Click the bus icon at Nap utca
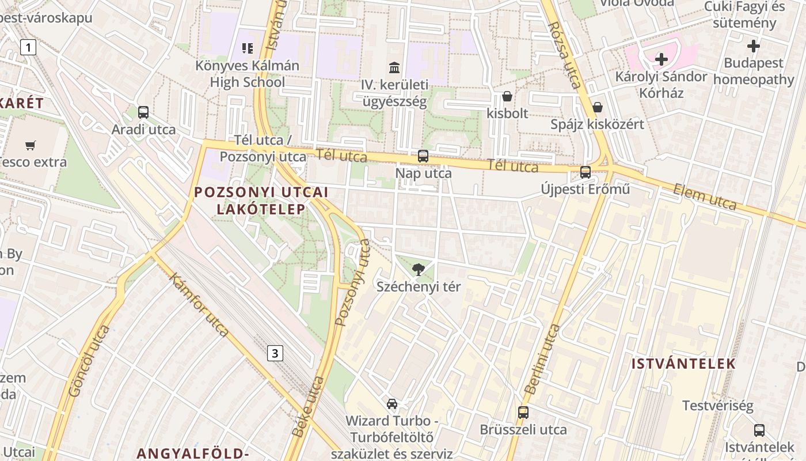423,156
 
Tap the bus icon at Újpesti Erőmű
586,172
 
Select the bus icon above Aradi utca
143,112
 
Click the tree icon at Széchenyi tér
419,269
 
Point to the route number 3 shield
275,353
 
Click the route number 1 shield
28,47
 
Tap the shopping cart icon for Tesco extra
31,145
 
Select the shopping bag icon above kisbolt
507,96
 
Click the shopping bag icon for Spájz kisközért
598,107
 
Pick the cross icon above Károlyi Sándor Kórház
661,59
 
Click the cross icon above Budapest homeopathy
754,46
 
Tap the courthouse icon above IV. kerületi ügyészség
394,68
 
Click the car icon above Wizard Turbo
392,403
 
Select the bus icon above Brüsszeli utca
523,413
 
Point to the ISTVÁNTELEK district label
683,364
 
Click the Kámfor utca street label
199,304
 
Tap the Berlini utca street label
542,359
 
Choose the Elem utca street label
705,197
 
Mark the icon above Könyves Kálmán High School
248,48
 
